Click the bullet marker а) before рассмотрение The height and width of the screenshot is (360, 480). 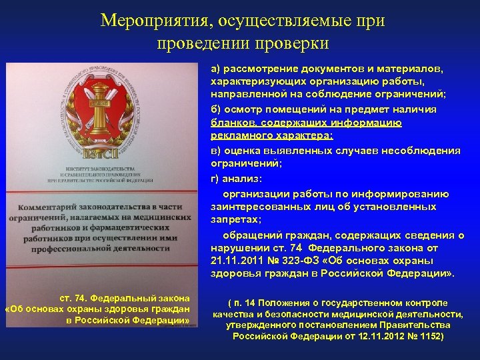pos(216,68)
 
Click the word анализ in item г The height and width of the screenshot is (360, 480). pos(243,179)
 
